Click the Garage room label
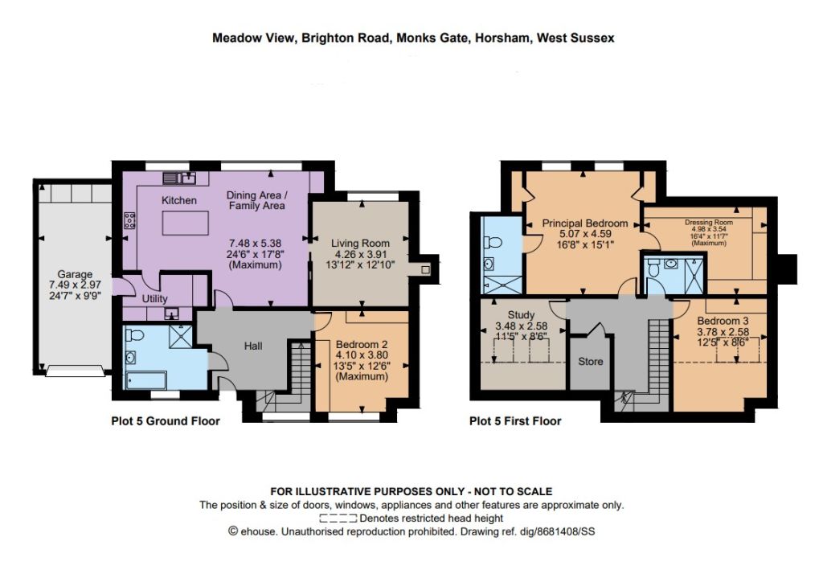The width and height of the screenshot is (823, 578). tap(75, 274)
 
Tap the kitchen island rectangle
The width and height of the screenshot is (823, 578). tap(186, 223)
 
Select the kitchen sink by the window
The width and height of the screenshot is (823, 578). tap(179, 178)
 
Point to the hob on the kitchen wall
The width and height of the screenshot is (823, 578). tap(129, 220)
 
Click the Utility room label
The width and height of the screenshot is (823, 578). tap(155, 299)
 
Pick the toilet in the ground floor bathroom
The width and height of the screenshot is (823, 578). tap(135, 334)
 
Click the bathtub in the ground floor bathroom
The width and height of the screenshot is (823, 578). tap(146, 380)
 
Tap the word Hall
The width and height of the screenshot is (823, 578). tap(253, 346)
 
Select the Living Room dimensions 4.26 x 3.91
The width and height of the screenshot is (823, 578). tap(360, 254)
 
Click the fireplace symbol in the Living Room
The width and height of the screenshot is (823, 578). tap(425, 269)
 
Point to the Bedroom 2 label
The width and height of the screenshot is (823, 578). tap(362, 344)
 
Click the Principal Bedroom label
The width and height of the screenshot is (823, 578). tap(585, 223)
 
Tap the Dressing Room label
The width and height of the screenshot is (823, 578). tap(709, 222)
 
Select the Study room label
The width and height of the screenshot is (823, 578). tap(521, 315)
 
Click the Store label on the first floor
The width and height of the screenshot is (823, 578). tap(591, 361)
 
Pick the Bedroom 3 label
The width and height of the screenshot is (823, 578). tap(723, 321)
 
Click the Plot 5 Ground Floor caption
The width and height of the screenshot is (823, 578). tap(166, 421)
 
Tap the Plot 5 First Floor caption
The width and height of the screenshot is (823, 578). tap(515, 421)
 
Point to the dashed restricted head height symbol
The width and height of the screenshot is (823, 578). tap(338, 519)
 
